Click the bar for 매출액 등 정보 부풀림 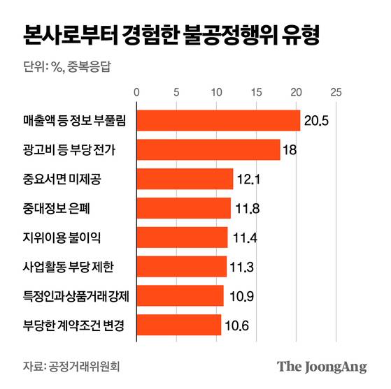(x=218, y=120)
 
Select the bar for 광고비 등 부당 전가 (x=208, y=149)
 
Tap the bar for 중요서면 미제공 (x=184, y=179)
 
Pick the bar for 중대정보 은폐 (x=183, y=207)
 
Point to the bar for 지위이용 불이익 (x=182, y=237)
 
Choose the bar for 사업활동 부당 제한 (x=181, y=266)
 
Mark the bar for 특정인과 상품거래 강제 (x=180, y=295)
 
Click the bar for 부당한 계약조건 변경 (x=178, y=324)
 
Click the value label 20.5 (x=315, y=121)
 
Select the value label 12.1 (x=249, y=179)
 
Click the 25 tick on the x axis (x=336, y=91)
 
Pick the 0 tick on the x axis (x=136, y=91)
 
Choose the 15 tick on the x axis (x=256, y=91)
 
